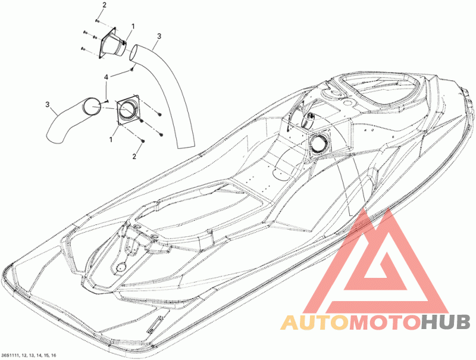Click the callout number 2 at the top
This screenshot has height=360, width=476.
tap(104, 5)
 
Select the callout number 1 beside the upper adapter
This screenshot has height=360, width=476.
tap(133, 26)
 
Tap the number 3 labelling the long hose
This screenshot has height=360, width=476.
tap(159, 37)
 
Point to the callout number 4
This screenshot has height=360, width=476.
tap(107, 78)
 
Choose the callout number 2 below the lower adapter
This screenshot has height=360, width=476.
tap(134, 156)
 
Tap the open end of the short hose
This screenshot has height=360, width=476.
tap(91, 107)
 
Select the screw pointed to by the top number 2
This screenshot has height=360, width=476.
tap(96, 21)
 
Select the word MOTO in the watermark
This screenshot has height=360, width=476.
tap(383, 323)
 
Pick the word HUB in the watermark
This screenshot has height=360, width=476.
tap(443, 323)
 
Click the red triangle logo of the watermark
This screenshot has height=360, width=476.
tap(381, 262)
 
